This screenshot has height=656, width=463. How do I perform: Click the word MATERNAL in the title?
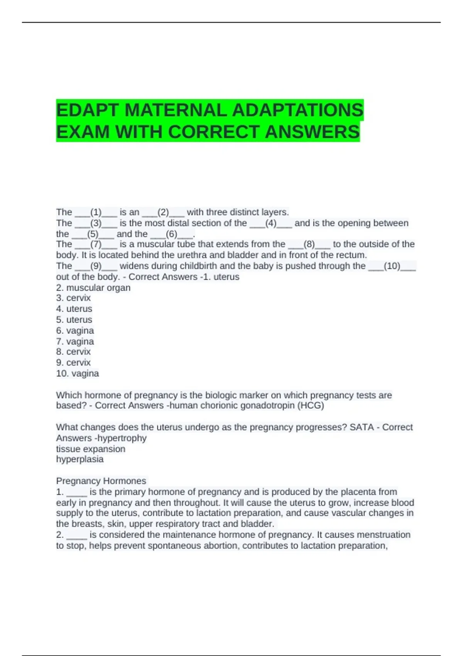176,110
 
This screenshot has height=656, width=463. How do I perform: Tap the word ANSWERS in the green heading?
312,132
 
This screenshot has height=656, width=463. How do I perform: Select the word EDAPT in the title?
88,110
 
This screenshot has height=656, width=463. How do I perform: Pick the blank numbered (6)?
171,234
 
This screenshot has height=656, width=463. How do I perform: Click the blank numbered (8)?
309,244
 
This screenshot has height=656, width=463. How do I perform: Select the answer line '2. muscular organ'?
93,287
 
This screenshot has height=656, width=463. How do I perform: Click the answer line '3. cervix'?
73,298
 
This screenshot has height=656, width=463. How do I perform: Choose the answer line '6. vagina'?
75,331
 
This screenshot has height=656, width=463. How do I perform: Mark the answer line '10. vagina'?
78,374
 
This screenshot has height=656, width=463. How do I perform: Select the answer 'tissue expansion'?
91,449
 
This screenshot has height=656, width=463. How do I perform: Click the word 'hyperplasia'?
80,459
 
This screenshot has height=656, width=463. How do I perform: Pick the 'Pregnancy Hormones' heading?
101,481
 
